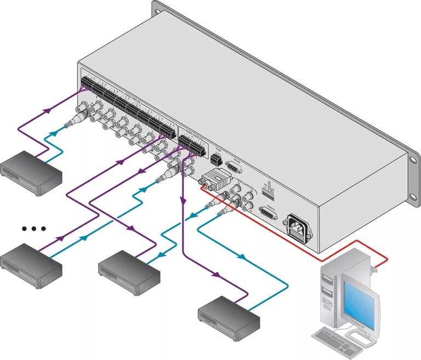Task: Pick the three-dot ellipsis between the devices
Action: pos(33,228)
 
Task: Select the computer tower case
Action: pos(334,290)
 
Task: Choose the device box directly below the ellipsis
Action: pos(31,261)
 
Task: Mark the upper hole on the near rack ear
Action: pos(412,159)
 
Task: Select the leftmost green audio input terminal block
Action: pos(87,83)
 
